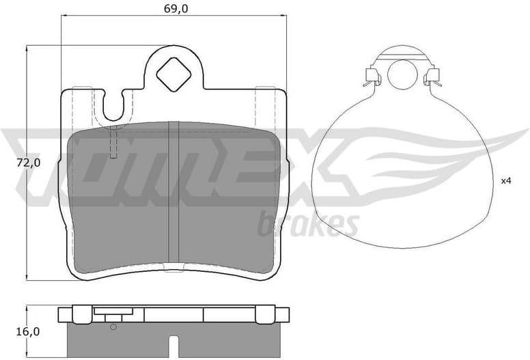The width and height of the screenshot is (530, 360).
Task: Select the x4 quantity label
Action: tap(506, 181)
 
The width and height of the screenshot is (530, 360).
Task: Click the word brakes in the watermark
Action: tap(308, 223)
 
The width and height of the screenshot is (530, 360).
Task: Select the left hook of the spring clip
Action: tap(372, 77)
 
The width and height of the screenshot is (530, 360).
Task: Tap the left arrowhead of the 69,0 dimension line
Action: tap(64, 15)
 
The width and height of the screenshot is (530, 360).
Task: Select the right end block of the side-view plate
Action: tap(281, 314)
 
